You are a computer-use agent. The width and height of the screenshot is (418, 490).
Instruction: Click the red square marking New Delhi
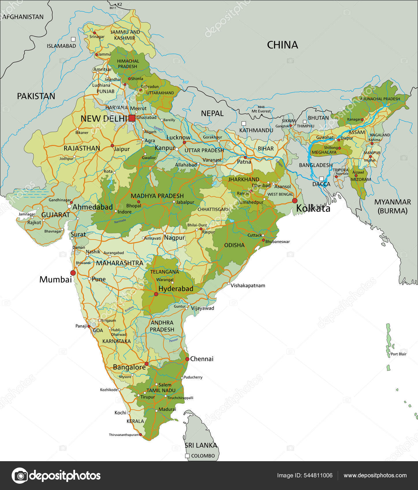[132, 118]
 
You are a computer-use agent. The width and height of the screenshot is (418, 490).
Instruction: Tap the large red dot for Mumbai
[73, 273]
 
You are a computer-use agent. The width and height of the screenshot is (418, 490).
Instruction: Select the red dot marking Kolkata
[295, 200]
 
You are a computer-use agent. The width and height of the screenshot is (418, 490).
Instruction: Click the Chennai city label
[202, 359]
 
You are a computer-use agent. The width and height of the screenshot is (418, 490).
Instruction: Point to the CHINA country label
[282, 45]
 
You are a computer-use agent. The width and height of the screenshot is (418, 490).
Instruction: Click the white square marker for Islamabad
[73, 39]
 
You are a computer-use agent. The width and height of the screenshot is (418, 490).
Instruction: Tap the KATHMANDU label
[256, 130]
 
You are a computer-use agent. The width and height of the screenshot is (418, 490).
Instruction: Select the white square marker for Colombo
[187, 456]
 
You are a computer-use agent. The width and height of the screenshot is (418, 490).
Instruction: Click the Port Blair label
[399, 354]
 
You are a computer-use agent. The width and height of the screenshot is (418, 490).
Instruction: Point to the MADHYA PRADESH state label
[157, 196]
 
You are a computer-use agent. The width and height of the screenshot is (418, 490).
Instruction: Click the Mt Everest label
[261, 111]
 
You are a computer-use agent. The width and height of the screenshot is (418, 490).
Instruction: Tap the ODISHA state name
[234, 245]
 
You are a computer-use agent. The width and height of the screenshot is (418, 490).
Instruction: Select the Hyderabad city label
[176, 289]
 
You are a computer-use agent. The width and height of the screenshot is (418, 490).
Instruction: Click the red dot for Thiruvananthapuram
[141, 434]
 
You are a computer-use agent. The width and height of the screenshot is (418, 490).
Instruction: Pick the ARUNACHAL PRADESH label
[380, 99]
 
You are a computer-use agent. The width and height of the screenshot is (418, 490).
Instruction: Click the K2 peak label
[120, 4]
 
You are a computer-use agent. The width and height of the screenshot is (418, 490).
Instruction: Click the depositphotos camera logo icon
[20, 475]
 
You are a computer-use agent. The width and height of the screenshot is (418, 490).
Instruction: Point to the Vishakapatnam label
[248, 286]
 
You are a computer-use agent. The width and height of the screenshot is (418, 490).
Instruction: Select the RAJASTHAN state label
[82, 148]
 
